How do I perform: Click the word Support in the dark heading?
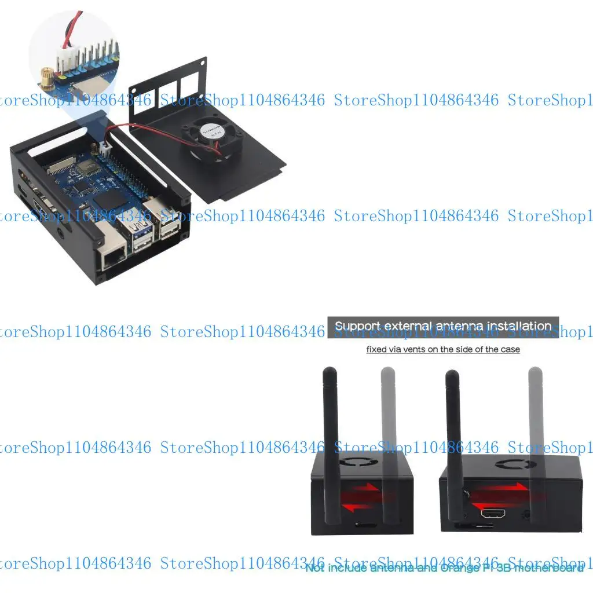pos(357,326)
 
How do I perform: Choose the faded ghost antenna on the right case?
pos(536,440)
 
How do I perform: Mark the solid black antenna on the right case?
pos(454,440)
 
